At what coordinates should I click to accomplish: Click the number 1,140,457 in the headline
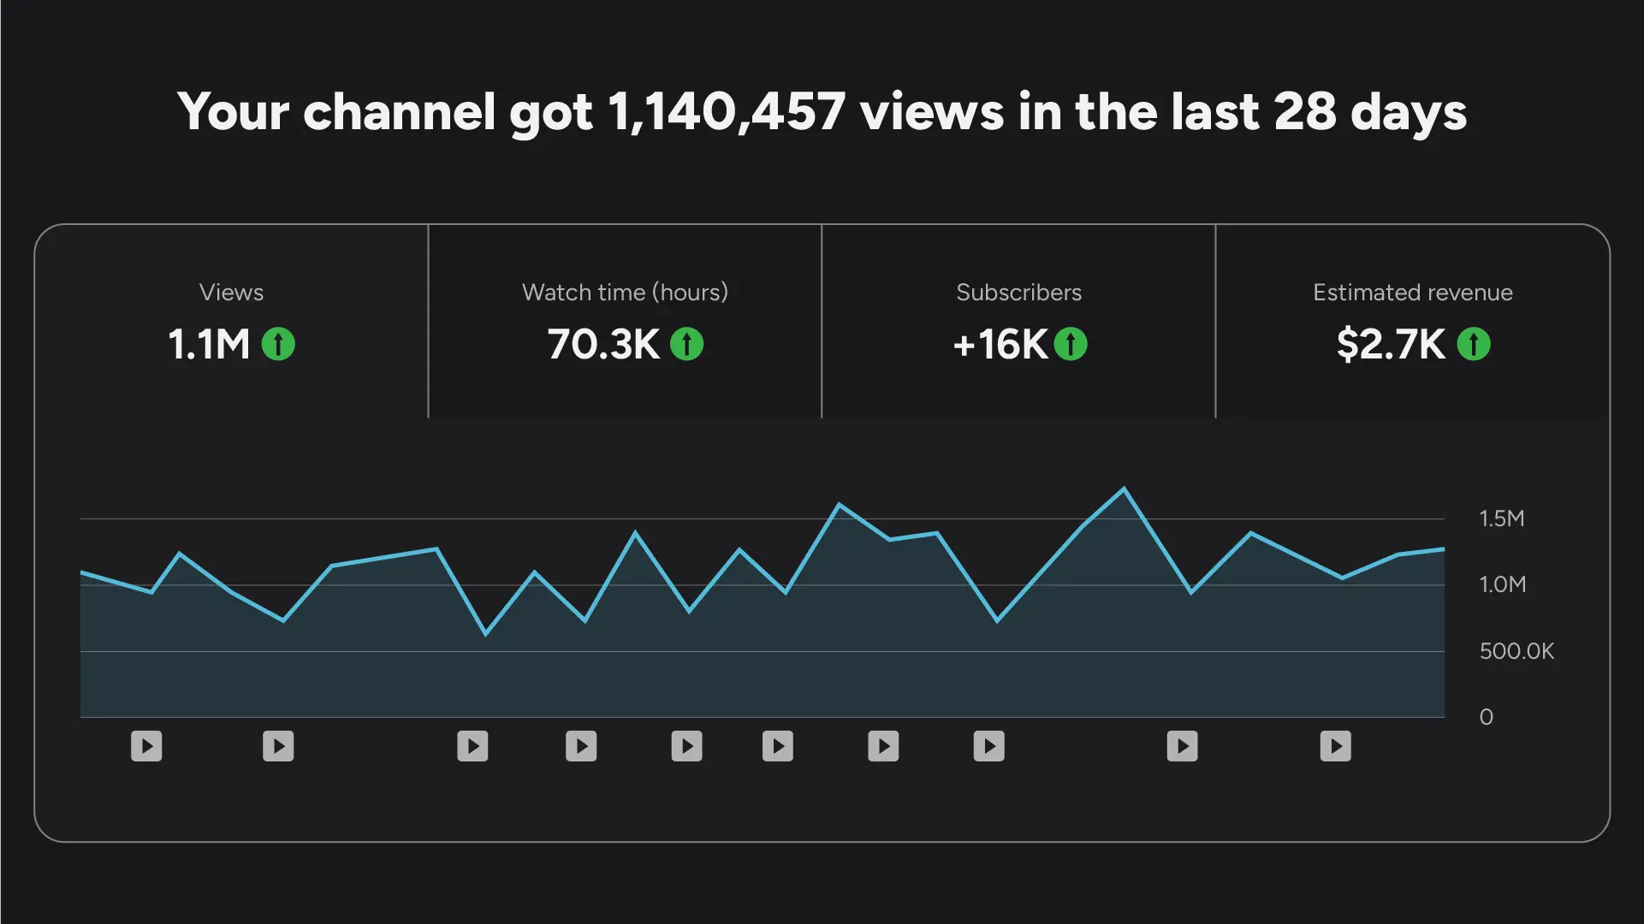[727, 112]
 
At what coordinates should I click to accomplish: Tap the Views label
[231, 293]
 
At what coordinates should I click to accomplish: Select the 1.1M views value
[209, 345]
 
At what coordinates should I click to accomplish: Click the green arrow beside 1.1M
[278, 345]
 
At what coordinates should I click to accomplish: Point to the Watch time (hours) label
[625, 293]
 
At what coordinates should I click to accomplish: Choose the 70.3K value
[603, 345]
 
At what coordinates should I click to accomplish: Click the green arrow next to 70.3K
[686, 345]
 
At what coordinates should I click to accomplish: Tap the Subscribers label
[1018, 293]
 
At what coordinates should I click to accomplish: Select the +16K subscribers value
[1000, 345]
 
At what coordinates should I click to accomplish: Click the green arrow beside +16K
[1071, 345]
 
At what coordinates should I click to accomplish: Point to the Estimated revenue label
[1412, 293]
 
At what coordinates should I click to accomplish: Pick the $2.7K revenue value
[1391, 345]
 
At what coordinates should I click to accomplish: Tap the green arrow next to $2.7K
[1474, 345]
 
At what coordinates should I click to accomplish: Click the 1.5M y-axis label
[1502, 518]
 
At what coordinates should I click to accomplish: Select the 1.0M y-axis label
[1502, 585]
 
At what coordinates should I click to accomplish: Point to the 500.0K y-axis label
[1516, 651]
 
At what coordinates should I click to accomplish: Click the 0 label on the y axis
[1487, 717]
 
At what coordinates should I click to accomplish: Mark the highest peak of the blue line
[1124, 489]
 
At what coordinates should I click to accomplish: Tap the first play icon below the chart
[146, 746]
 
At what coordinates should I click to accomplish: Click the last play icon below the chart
[1335, 746]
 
